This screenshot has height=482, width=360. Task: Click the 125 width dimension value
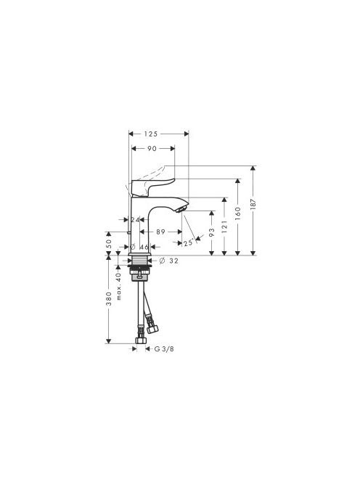coord(151,134)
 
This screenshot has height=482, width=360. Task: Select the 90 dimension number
coord(152,149)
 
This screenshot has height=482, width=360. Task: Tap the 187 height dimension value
coord(253,204)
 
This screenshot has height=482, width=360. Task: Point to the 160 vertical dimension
coord(237,213)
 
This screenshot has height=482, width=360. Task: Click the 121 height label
coord(224,226)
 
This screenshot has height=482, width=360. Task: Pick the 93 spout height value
coord(211,232)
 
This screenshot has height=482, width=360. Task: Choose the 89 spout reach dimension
coord(160,232)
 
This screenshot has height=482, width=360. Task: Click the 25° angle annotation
coord(188,243)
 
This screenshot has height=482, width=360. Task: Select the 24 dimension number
coord(135,220)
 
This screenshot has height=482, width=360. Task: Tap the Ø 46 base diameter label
coord(139,247)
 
